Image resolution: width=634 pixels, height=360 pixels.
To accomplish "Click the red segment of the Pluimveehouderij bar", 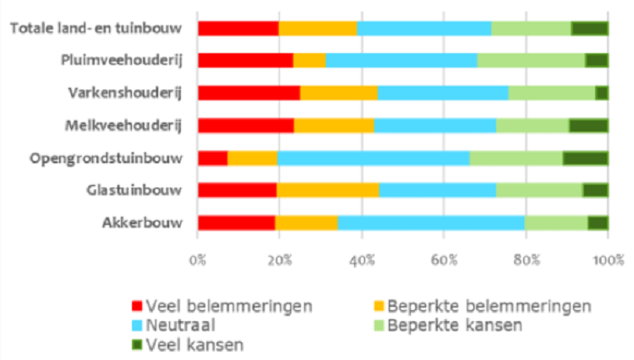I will coord(245,60).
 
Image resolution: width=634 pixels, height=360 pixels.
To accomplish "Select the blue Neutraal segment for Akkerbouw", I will coord(431,223).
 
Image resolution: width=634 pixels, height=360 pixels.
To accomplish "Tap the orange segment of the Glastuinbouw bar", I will coord(327,190).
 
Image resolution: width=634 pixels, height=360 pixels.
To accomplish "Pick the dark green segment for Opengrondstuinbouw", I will coord(585,158).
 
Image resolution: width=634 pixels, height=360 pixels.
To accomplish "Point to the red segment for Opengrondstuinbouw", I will coord(212,158).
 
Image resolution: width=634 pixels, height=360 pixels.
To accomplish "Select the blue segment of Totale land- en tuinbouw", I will coord(424,28).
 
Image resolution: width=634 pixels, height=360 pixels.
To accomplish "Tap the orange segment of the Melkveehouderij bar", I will coord(334,126).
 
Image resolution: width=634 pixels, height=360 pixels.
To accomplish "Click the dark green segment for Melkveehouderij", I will coord(588,126).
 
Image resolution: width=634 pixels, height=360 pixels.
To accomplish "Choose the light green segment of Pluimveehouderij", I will coord(531,60).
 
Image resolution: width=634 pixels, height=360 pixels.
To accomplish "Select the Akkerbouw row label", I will coord(146,223).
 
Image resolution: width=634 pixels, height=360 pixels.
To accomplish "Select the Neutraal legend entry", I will coord(177,325).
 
